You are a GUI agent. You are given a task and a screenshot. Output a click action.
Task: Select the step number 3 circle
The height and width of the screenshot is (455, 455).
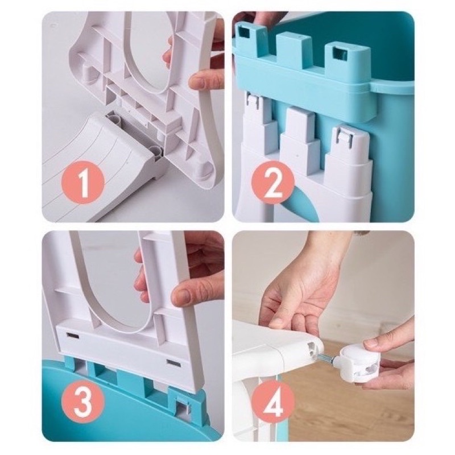tap(83, 402)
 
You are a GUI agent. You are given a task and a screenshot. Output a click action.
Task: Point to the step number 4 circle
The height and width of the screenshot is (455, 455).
tap(274, 402)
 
